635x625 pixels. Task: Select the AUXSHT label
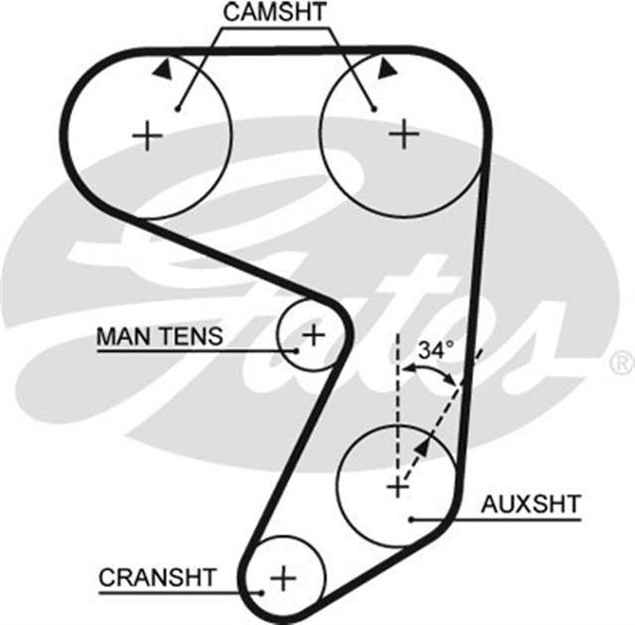point(530,503)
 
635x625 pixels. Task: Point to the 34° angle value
point(435,350)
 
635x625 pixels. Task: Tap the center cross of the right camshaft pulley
point(404,132)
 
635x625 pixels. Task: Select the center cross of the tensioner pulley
point(313,334)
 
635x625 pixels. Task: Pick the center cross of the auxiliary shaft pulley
point(397,486)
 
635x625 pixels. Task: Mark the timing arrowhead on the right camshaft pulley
point(387,65)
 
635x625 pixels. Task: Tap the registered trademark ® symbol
point(621,359)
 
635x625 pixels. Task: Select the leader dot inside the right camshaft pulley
point(374,108)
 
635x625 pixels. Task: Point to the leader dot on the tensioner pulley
point(296,350)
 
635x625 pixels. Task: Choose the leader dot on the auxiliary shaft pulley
point(410,518)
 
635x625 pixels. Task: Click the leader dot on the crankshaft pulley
point(260,592)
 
